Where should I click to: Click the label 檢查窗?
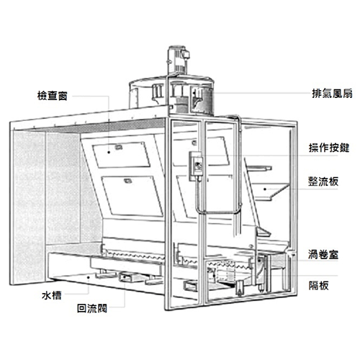[53, 96]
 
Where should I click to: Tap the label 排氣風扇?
[332, 94]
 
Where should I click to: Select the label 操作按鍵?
[329, 148]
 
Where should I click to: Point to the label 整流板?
[323, 181]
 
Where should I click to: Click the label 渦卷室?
[323, 254]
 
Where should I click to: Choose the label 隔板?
[318, 286]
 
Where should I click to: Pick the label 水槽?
[52, 295]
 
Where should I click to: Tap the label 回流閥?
[92, 308]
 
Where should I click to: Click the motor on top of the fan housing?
[178, 60]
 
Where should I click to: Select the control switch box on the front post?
[197, 166]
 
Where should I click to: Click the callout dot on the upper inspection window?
[109, 152]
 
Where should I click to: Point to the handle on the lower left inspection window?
[127, 181]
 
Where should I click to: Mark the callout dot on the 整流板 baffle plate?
[265, 189]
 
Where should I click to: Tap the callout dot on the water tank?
[89, 277]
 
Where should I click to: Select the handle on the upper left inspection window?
[118, 147]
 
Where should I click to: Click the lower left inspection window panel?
[132, 196]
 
